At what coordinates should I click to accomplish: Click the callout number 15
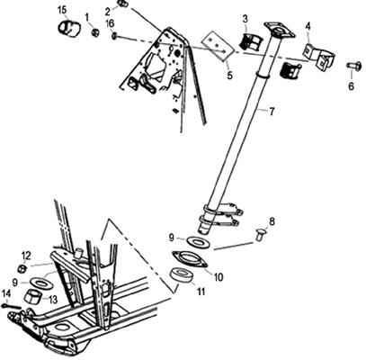click(62, 10)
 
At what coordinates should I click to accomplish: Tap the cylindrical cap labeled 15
click(69, 28)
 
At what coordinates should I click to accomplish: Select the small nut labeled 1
click(95, 31)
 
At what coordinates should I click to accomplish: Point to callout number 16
click(110, 23)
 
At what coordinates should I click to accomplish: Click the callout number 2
click(108, 12)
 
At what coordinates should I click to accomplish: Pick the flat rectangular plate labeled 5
click(218, 46)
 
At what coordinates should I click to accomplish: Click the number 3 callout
click(245, 19)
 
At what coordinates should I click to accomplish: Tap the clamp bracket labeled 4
click(319, 56)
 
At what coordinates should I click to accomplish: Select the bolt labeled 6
click(354, 65)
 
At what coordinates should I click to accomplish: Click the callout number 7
click(272, 112)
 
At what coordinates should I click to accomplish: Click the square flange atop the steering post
click(279, 30)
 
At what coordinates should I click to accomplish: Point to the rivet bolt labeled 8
click(260, 233)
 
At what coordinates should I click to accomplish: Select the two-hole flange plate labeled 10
click(190, 259)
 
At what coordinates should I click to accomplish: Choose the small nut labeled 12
click(22, 268)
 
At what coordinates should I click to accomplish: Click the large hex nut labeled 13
click(33, 296)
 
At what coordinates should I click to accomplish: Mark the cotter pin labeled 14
click(12, 306)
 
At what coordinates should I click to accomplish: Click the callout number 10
click(219, 277)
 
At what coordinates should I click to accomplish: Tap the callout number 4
click(308, 27)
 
